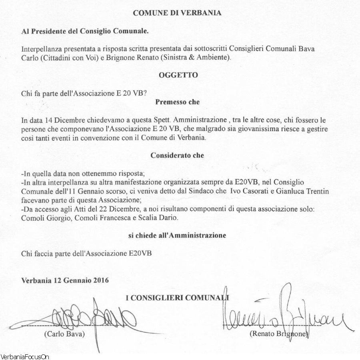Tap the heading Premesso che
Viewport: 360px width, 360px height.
pyautogui.click(x=177, y=102)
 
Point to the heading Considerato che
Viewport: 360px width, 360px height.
pyautogui.click(x=177, y=155)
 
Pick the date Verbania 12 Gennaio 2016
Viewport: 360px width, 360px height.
pyautogui.click(x=65, y=280)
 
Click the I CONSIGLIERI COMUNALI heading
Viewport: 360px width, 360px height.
pyautogui.click(x=177, y=298)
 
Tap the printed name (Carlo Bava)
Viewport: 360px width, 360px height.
pyautogui.click(x=65, y=333)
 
